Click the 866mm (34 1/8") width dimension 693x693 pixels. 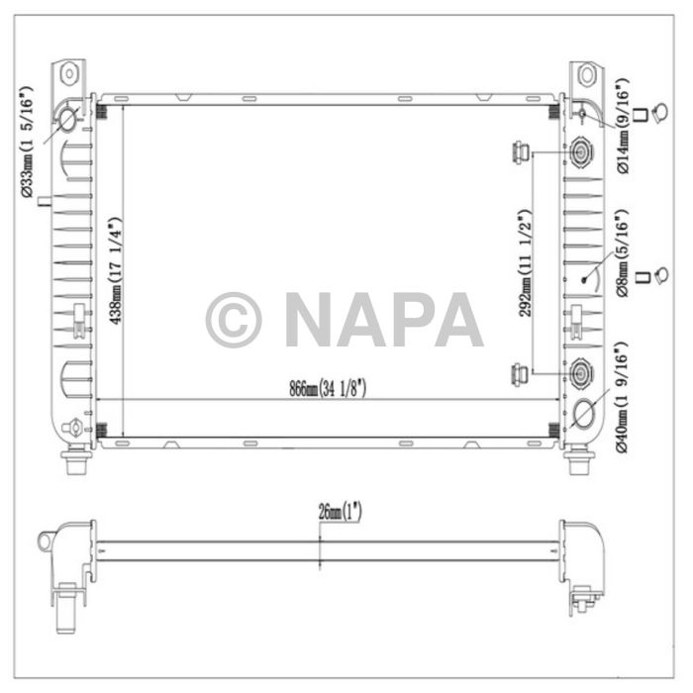[x=328, y=389]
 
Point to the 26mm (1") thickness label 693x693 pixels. [x=339, y=513]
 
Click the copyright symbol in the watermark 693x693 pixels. [x=234, y=320]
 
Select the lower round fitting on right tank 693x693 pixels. [x=580, y=373]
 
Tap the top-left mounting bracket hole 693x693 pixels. [x=70, y=73]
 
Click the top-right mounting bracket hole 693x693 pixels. [x=585, y=73]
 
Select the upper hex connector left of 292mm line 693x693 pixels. [x=518, y=152]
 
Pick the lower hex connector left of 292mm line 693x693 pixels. [x=518, y=373]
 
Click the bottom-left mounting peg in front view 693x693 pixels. [x=74, y=461]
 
